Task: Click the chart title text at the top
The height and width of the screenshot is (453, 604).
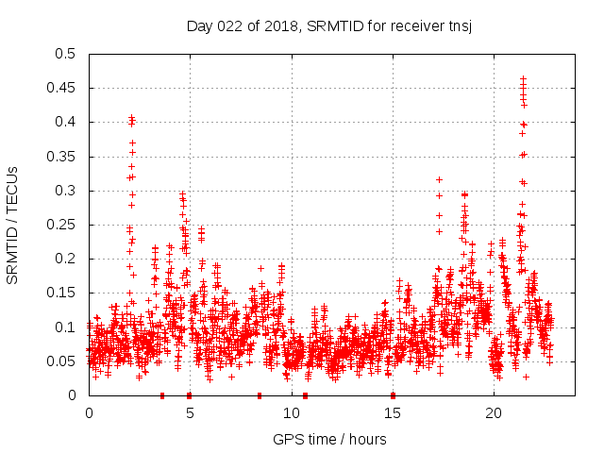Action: (328, 25)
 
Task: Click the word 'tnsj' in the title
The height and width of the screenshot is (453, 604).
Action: (459, 25)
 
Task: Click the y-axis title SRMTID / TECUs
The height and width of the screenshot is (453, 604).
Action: (13, 224)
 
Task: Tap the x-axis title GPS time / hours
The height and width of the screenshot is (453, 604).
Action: (329, 439)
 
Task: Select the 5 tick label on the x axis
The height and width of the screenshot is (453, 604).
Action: (190, 412)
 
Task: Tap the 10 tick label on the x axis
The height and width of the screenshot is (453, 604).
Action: (292, 412)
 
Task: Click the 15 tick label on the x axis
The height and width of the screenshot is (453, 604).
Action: (393, 412)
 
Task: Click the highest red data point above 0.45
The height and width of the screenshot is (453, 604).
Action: (523, 78)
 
